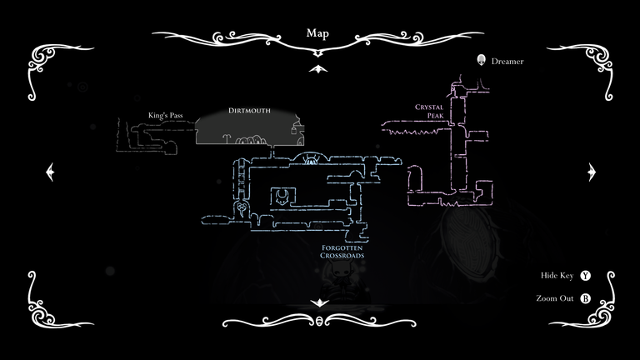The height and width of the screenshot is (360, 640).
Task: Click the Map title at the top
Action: tap(317, 33)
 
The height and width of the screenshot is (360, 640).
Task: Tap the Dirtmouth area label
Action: tap(249, 111)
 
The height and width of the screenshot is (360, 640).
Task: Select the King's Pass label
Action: tap(165, 116)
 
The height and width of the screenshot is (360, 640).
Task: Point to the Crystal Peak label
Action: tap(429, 111)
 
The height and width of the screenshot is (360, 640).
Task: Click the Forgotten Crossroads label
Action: tap(342, 252)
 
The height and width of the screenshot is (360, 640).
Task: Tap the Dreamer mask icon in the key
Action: tap(481, 60)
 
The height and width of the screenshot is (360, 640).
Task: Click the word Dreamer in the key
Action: tap(507, 61)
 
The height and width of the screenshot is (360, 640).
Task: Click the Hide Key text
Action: tap(557, 276)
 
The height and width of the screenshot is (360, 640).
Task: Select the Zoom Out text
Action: tap(555, 298)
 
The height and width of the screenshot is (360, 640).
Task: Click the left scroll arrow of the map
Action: tap(50, 172)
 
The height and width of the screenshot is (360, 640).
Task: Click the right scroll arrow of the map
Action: tap(592, 172)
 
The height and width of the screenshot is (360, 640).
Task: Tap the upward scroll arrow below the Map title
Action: tap(318, 69)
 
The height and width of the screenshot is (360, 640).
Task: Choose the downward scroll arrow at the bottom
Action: tap(319, 302)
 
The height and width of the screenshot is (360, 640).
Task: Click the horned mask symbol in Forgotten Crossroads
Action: tap(282, 197)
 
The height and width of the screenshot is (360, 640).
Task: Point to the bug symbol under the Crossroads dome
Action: tap(310, 161)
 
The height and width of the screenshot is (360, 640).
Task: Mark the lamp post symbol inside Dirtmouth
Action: tap(227, 139)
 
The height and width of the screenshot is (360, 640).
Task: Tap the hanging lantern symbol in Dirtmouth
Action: tap(293, 130)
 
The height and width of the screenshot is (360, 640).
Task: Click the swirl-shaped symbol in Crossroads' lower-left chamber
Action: tap(242, 209)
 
